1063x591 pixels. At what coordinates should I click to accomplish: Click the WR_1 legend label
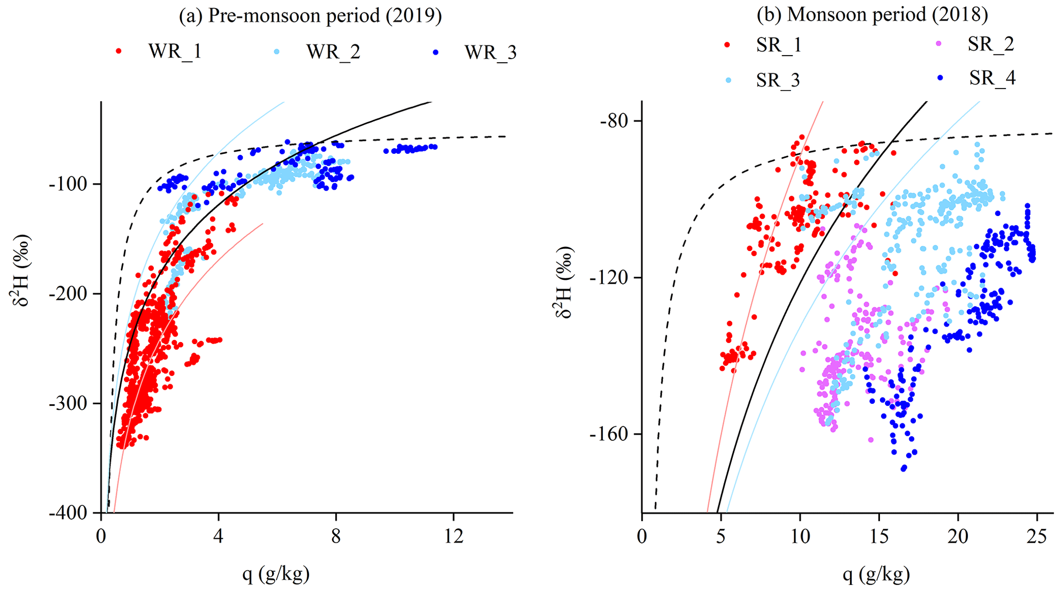(175, 52)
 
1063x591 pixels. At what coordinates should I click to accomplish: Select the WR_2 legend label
(333, 52)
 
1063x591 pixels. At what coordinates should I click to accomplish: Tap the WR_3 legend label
(490, 52)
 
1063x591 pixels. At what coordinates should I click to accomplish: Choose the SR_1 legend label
(779, 45)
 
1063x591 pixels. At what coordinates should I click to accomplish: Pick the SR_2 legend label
(990, 44)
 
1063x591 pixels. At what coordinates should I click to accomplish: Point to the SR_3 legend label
(778, 80)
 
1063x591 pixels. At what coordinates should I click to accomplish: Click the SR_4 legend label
(992, 78)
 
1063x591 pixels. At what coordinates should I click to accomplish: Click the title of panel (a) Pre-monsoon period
(310, 16)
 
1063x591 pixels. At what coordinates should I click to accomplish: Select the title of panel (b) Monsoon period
(872, 14)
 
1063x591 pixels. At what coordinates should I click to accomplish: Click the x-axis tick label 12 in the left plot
(454, 537)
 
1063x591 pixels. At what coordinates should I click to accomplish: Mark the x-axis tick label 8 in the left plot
(336, 537)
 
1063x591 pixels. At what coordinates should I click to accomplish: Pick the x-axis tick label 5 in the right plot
(720, 537)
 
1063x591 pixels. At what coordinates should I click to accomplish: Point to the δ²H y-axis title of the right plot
(564, 282)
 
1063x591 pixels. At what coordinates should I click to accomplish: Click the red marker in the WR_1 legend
(119, 51)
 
